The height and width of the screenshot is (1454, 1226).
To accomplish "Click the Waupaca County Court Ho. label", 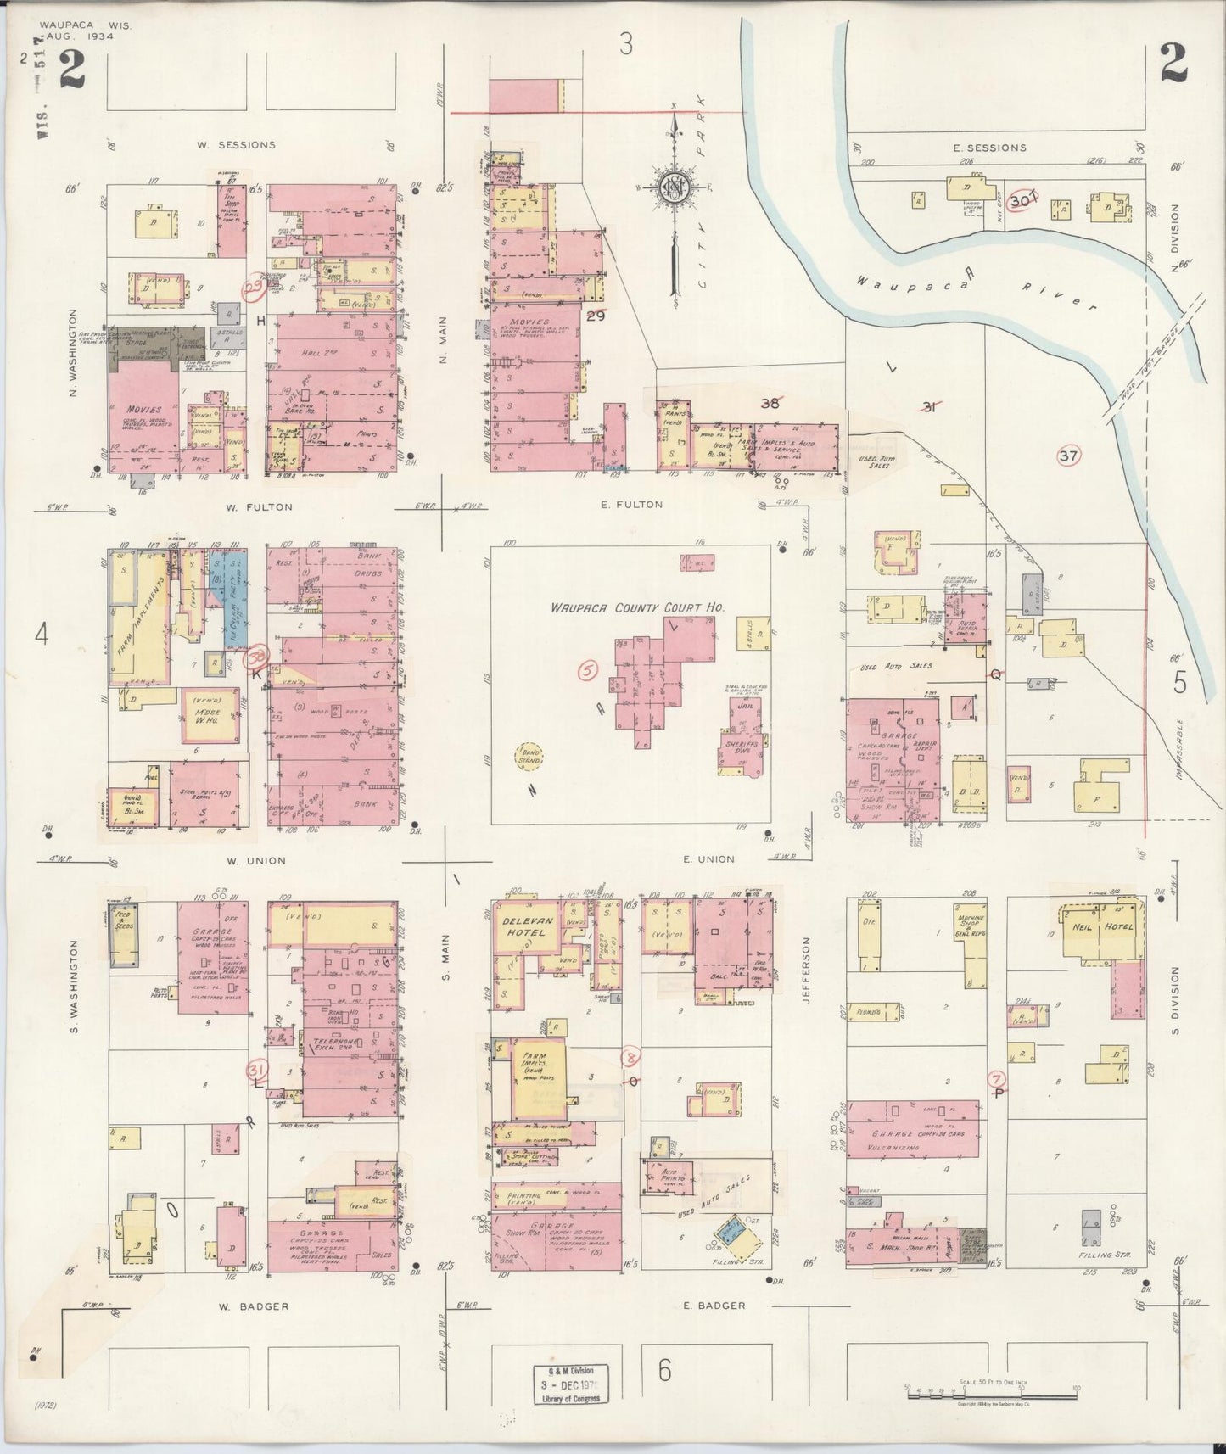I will point(630,607).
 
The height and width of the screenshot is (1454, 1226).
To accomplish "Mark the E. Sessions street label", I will point(994,148).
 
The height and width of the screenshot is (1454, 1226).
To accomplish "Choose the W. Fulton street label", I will point(259,507).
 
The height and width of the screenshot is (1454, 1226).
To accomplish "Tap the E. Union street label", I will point(708,859).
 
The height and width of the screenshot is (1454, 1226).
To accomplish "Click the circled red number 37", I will point(1068,456).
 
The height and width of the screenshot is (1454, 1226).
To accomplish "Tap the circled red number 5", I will point(587,670).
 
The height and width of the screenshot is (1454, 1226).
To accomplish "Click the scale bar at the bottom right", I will point(991,1392).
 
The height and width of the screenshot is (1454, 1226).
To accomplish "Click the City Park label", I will point(701,136).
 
